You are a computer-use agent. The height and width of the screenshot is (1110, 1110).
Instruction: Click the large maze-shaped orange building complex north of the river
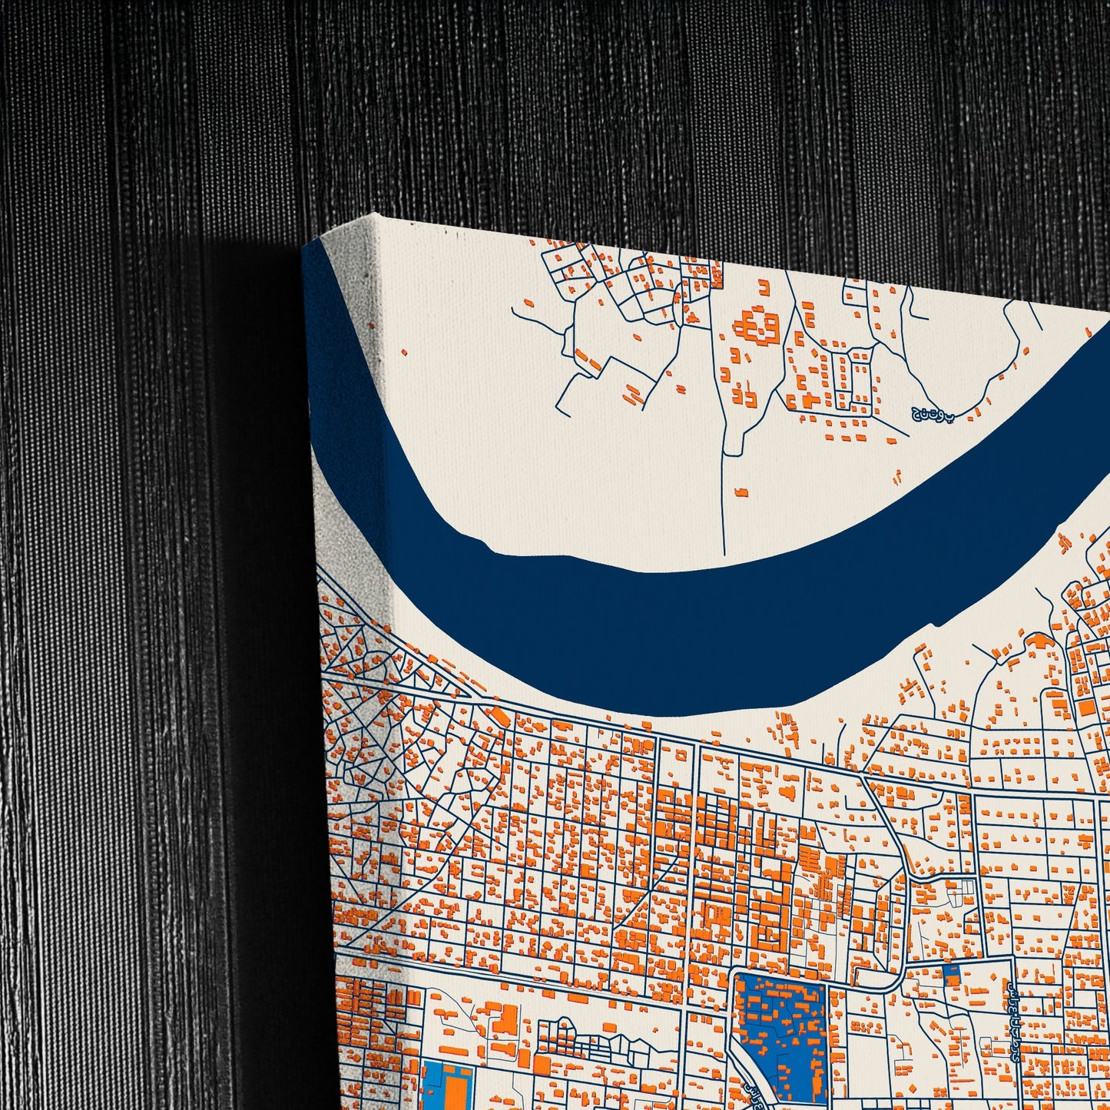[757, 327]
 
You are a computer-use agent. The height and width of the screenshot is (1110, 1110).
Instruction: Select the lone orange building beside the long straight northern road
[741, 492]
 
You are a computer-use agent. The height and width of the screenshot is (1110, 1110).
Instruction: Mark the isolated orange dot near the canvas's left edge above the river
[405, 353]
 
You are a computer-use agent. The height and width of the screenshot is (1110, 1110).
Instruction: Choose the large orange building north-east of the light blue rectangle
[504, 1022]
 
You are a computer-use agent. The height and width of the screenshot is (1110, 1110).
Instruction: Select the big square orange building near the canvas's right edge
[1086, 707]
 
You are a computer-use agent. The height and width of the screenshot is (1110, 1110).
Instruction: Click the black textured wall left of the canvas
[154, 538]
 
